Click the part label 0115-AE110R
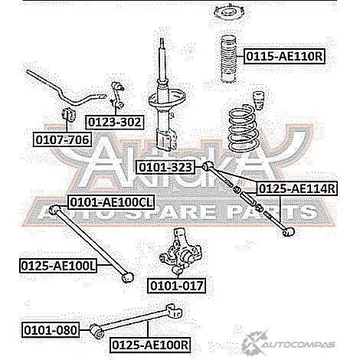click(285, 56)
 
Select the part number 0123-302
click(115, 123)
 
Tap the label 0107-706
click(63, 139)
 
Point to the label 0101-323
click(165, 167)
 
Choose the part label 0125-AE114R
click(296, 188)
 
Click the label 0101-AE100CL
click(111, 202)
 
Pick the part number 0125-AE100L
click(58, 266)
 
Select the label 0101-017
click(177, 285)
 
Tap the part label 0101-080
click(51, 329)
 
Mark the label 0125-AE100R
click(150, 345)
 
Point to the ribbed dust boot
click(229, 59)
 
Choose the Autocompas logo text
click(299, 345)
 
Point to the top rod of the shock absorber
click(162, 60)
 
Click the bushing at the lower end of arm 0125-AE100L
click(127, 277)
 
